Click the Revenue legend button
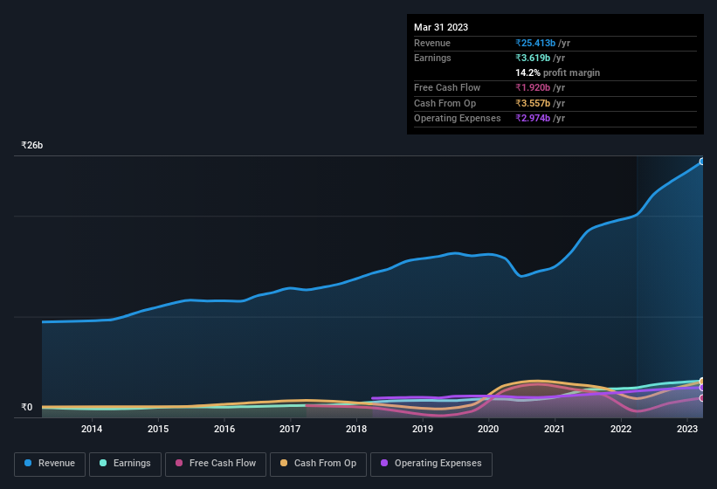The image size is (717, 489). click(51, 464)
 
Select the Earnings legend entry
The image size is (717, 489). click(126, 464)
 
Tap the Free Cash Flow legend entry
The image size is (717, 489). click(216, 464)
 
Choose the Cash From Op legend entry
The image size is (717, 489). click(319, 464)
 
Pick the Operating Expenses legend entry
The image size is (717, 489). click(431, 464)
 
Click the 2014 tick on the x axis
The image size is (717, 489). click(92, 429)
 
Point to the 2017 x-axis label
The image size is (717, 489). click(290, 429)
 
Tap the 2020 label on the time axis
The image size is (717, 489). click(488, 429)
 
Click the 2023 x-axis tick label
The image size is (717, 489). click(686, 429)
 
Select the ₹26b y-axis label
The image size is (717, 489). click(32, 146)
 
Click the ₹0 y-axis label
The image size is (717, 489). click(26, 407)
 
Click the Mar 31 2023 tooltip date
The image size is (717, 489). click(441, 27)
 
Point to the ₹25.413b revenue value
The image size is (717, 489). click(535, 43)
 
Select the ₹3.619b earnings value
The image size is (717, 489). click(532, 58)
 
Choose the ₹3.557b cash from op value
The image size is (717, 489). click(532, 103)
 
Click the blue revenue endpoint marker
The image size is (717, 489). click(702, 162)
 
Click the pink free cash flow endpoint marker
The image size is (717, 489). click(702, 398)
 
